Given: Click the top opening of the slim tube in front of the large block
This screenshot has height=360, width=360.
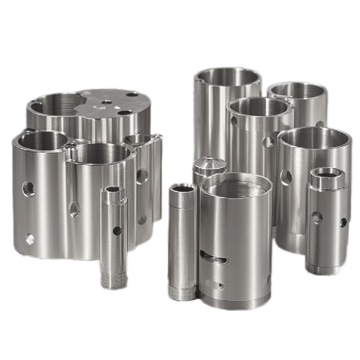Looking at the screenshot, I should (112, 191).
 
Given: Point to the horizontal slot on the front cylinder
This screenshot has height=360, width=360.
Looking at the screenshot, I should (214, 259).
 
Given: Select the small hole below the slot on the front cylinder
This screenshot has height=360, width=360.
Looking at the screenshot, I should (218, 285).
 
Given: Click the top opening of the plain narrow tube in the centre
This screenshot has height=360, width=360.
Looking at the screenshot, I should (183, 189).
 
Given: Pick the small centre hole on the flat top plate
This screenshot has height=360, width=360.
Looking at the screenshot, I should (107, 103).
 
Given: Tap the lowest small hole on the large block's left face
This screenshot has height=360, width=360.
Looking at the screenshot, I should (29, 239).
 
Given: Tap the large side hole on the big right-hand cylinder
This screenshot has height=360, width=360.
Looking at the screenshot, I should (287, 176).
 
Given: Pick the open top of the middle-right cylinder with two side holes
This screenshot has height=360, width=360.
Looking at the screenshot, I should (259, 107).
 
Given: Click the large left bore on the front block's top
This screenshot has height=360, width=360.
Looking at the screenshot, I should (42, 142).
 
